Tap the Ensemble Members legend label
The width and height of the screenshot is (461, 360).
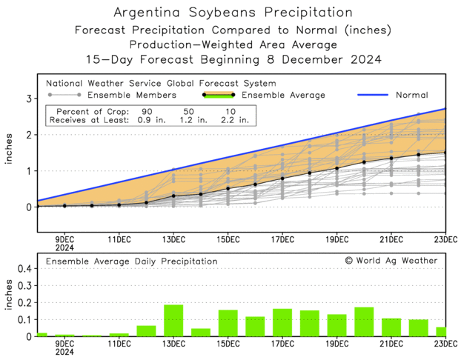tap(132, 95)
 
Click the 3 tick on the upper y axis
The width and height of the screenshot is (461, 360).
tap(27, 99)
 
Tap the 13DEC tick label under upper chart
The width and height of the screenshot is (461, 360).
tap(173, 239)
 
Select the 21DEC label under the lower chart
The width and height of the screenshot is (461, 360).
tap(391, 344)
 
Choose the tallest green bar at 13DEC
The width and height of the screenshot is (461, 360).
tap(173, 321)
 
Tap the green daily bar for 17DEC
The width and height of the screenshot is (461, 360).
tap(282, 323)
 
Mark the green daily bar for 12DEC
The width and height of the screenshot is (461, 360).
tap(146, 331)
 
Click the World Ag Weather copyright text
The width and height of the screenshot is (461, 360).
tap(391, 261)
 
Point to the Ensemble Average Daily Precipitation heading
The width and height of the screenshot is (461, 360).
tap(132, 261)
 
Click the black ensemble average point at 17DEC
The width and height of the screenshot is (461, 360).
tap(282, 179)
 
